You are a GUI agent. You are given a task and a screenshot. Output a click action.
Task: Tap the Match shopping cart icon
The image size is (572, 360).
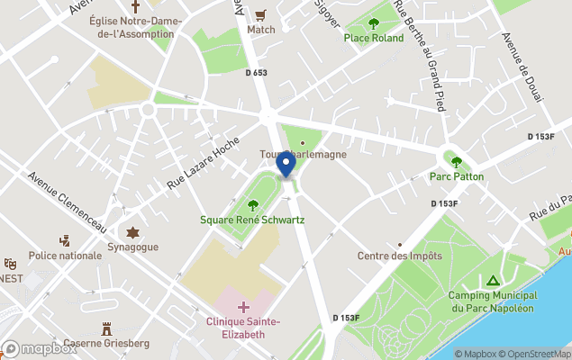tap(261, 15)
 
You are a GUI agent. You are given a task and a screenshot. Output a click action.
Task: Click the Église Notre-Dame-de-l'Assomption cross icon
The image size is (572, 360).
tap(135, 6)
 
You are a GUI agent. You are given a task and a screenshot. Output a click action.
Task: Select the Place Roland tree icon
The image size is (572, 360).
tap(374, 23)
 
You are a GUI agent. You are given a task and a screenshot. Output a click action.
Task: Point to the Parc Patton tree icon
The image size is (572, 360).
tap(456, 162)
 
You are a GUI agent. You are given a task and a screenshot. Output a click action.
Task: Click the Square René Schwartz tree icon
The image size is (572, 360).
tap(252, 204)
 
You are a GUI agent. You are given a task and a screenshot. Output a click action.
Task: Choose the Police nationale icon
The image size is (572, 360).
tap(65, 241)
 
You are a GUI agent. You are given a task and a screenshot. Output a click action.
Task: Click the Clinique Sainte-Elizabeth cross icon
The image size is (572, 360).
tap(243, 308)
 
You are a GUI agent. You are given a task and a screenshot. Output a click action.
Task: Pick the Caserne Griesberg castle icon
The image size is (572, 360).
tap(107, 328)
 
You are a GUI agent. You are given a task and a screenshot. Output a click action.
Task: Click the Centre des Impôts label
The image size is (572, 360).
tap(400, 256)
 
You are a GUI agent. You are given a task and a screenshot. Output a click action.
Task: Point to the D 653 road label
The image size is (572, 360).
tap(256, 73)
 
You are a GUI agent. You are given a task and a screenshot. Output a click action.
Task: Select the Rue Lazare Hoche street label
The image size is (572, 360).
tap(202, 163)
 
